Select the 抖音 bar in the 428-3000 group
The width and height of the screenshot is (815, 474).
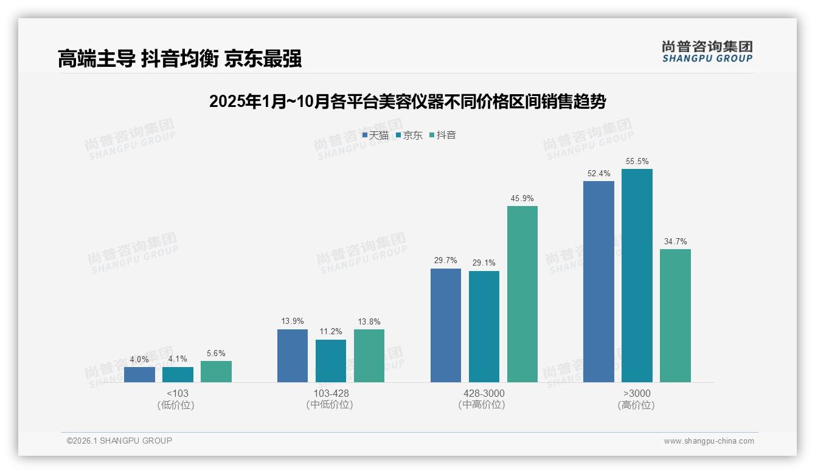click(x=522, y=294)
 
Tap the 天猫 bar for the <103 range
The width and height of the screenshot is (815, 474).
click(x=139, y=374)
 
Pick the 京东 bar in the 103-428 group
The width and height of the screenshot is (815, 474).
click(x=331, y=361)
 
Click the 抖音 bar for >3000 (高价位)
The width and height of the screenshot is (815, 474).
click(x=675, y=315)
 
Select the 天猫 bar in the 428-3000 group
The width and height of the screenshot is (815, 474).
click(x=446, y=325)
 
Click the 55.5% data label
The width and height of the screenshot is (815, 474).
click(x=637, y=162)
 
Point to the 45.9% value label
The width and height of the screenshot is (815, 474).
click(x=522, y=199)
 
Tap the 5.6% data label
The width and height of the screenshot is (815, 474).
click(x=216, y=354)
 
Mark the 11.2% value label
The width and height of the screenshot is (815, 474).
click(x=331, y=332)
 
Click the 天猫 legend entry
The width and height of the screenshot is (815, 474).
click(x=375, y=136)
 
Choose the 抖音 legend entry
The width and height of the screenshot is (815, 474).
click(x=443, y=136)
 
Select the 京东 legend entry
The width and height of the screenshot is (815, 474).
click(x=409, y=136)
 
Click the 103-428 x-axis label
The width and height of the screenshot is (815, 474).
click(x=331, y=394)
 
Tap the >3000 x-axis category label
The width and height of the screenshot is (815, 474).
click(x=637, y=394)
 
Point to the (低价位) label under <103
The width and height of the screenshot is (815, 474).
click(x=176, y=405)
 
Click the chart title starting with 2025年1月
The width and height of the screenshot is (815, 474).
click(x=407, y=101)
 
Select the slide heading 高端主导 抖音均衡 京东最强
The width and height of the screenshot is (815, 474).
click(x=180, y=59)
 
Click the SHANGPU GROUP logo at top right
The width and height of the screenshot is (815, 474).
click(x=707, y=52)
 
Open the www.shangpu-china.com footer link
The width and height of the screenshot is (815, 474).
click(x=709, y=441)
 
